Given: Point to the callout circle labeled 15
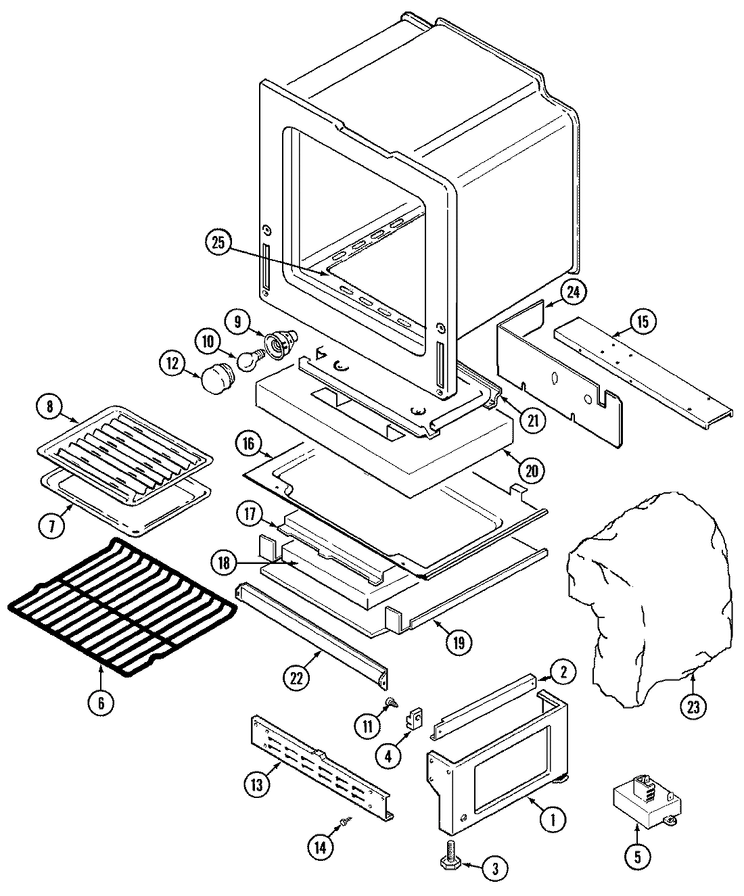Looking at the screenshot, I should pos(642,322).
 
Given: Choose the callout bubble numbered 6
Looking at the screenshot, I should pos(100,703).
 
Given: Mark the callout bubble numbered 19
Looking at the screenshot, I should pos(459,641).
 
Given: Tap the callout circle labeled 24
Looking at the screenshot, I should pos(574,292).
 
